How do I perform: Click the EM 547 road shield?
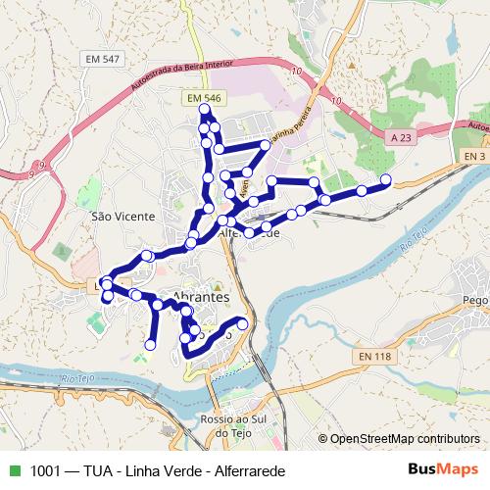click(x=103, y=60)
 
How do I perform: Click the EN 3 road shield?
click(x=474, y=156)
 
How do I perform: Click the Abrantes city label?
click(x=200, y=296)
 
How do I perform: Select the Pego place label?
click(x=475, y=300)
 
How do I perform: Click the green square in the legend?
click(x=13, y=470)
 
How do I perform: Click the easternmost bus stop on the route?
click(x=385, y=179)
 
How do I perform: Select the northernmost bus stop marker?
click(x=204, y=109)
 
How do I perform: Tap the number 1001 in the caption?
click(x=45, y=470)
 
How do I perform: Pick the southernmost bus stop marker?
click(x=151, y=345)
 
